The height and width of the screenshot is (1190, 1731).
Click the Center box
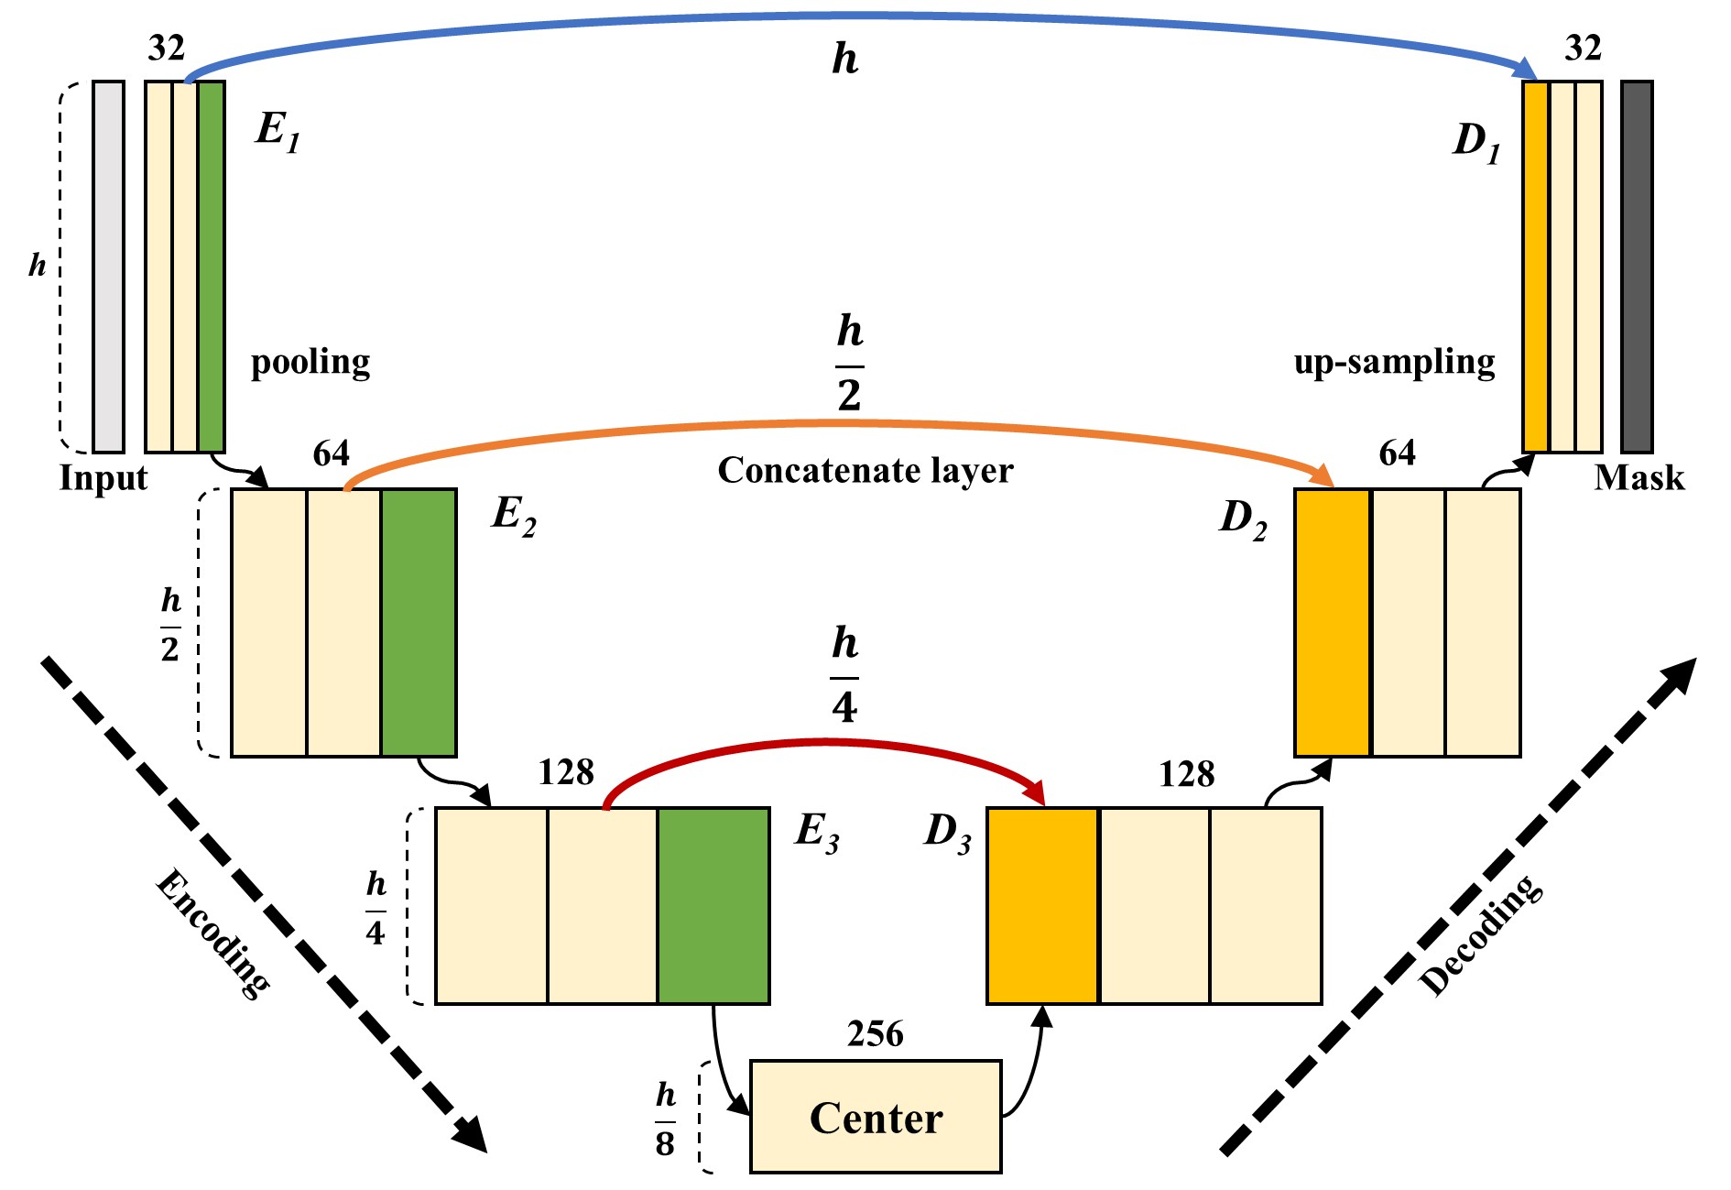tap(876, 1116)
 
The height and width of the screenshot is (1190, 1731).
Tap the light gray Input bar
tap(108, 267)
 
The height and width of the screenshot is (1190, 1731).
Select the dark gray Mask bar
tap(1637, 267)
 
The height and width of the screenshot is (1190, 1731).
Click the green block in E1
tap(212, 267)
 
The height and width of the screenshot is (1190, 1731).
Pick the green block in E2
tap(419, 623)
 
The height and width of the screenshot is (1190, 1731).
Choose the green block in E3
tap(713, 906)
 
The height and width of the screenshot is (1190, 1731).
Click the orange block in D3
tap(1042, 906)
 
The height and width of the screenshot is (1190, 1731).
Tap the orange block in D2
tap(1333, 623)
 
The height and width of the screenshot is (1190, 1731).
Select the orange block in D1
tap(1536, 267)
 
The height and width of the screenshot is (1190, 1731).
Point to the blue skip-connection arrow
tap(861, 16)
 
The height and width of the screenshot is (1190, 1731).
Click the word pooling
tap(310, 363)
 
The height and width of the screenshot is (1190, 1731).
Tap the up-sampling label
tap(1394, 363)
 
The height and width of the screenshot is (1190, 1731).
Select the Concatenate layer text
tap(865, 470)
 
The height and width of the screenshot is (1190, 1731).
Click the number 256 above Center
tap(876, 1034)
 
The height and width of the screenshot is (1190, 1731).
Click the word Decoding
tap(1480, 934)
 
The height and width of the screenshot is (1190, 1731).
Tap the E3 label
tap(817, 833)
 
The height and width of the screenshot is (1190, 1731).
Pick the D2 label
tap(1243, 519)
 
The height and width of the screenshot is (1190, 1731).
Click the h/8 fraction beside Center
tap(666, 1119)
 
